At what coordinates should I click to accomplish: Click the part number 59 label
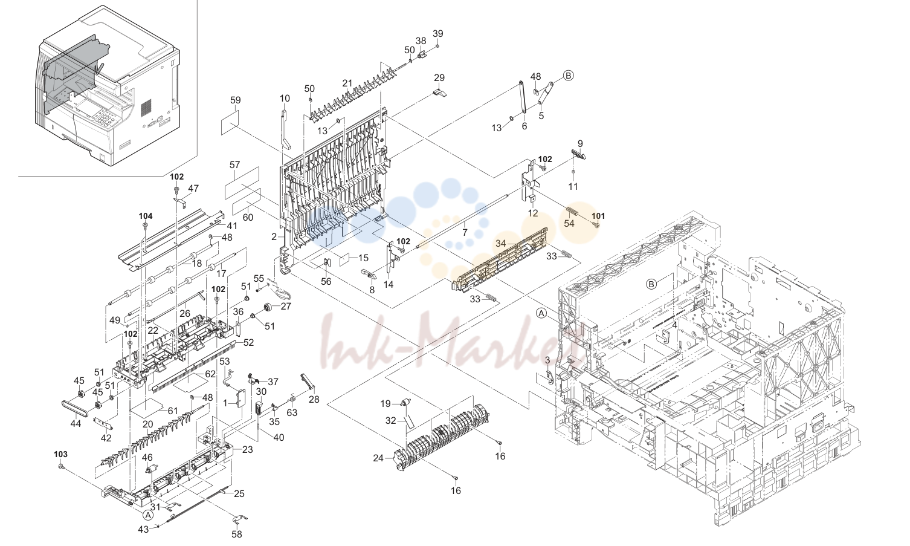[235, 100]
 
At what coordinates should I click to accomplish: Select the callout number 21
[347, 83]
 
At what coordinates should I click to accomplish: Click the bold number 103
[61, 454]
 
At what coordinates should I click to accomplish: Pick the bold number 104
[146, 216]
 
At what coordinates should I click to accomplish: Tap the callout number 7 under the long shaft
[465, 233]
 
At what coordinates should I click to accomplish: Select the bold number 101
[598, 216]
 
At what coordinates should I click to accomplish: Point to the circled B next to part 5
[569, 76]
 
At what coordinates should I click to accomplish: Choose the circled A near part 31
[149, 515]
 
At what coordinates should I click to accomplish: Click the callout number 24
[378, 458]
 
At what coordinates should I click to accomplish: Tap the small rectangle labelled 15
[344, 258]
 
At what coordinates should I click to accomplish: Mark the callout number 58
[236, 534]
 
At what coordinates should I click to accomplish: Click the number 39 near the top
[438, 33]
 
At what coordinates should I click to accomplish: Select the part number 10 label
[285, 98]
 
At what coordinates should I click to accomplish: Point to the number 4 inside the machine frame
[674, 325]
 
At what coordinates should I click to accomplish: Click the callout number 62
[210, 374]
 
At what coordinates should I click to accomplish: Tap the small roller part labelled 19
[405, 403]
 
